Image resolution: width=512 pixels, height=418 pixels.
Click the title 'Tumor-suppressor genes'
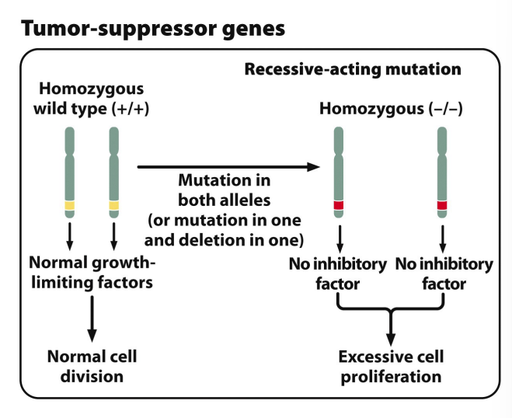click(x=153, y=29)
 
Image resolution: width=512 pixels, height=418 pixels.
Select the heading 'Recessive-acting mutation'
click(x=353, y=69)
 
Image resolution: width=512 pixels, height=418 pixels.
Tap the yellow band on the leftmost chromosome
click(x=70, y=206)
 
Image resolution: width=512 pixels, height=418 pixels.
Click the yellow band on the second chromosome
click(x=113, y=206)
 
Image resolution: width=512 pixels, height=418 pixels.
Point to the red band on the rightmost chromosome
click(x=442, y=205)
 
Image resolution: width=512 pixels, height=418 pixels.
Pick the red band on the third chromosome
click(x=339, y=205)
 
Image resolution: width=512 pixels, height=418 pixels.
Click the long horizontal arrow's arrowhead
click(x=313, y=167)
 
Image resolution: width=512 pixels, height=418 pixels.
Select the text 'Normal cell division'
click(x=92, y=367)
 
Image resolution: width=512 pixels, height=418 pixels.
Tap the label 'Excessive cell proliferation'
click(x=391, y=367)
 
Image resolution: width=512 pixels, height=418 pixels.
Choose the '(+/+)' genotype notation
click(x=131, y=109)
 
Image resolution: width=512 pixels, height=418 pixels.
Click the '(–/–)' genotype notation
click(x=445, y=109)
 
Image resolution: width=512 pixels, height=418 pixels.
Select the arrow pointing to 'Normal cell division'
click(x=92, y=319)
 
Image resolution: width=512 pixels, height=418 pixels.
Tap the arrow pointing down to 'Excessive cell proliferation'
click(x=391, y=327)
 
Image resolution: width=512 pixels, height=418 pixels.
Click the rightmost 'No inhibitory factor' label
click(x=444, y=273)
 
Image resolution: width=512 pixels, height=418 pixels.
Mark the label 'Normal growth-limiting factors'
click(x=92, y=273)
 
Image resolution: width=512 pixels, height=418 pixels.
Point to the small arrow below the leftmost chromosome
click(x=70, y=236)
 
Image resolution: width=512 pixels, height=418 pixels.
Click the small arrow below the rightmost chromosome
click(x=442, y=239)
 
